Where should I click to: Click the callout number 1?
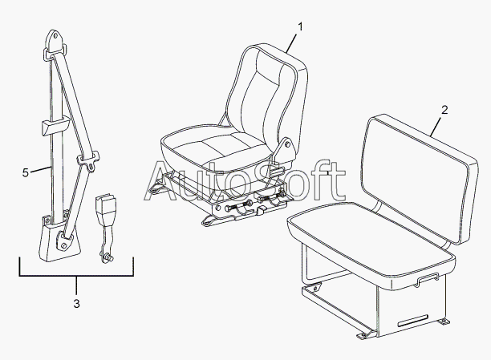300,27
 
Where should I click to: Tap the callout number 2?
444,110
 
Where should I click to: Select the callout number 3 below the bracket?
77,303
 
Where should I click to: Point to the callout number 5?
26,172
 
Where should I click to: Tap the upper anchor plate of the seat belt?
55,44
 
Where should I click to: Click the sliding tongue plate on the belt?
88,160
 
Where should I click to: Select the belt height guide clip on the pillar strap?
55,125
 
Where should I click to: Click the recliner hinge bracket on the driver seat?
285,150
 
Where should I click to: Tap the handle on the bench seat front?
427,278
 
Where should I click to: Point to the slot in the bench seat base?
412,322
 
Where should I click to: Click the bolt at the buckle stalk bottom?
108,257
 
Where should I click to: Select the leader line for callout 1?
291,43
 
